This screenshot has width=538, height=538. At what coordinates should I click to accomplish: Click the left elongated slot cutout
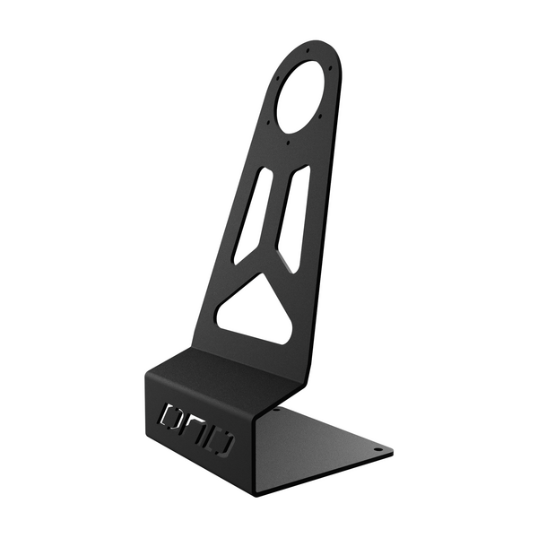pos(252,215)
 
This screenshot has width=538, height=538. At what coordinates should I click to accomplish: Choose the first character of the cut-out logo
pos(169,416)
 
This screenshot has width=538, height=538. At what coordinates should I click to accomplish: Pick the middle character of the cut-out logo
pos(196,429)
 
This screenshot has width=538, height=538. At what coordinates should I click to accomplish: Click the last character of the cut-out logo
pos(223,442)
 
